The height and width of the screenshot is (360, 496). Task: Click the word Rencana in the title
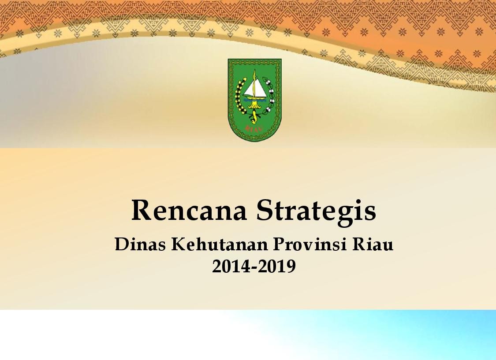pyautogui.click(x=189, y=211)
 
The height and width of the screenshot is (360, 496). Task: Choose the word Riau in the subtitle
pyautogui.click(x=373, y=244)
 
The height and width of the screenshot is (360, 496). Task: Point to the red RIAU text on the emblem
pyautogui.click(x=254, y=128)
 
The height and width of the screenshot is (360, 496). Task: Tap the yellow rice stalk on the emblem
pyautogui.click(x=240, y=96)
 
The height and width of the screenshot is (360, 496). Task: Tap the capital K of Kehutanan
pyautogui.click(x=178, y=244)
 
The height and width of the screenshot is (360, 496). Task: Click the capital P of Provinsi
pyautogui.click(x=278, y=244)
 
